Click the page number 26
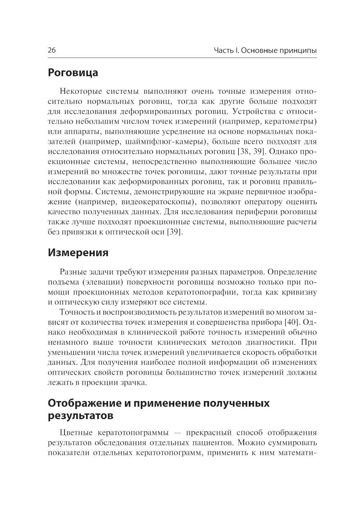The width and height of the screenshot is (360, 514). (51, 50)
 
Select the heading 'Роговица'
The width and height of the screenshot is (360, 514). (73, 73)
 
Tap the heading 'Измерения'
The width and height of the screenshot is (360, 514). (78, 253)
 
